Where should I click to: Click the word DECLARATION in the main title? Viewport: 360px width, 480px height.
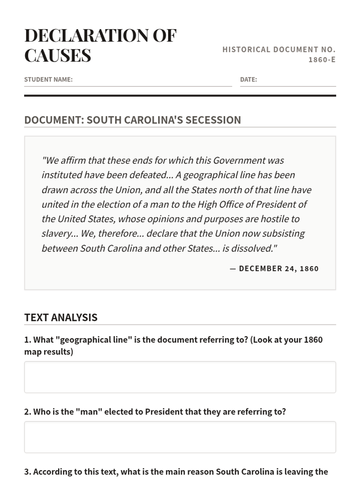(x=86, y=35)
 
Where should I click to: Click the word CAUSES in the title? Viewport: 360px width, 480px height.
(x=58, y=55)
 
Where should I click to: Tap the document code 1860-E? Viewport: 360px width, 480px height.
(x=322, y=60)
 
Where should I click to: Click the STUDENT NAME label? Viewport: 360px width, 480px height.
(x=48, y=79)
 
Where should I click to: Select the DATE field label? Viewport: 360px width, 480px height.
(x=248, y=79)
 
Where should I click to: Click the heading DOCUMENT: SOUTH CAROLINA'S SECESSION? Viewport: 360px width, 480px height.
(x=133, y=120)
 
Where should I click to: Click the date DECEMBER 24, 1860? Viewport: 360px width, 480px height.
(x=279, y=268)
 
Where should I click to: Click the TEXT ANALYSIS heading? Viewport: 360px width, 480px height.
(x=61, y=317)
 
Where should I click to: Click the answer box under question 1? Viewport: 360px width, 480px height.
(x=180, y=377)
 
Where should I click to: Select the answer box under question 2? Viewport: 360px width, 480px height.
(x=180, y=437)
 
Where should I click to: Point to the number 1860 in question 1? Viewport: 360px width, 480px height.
(x=313, y=340)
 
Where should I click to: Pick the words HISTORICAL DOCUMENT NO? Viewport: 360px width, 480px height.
(x=279, y=49)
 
